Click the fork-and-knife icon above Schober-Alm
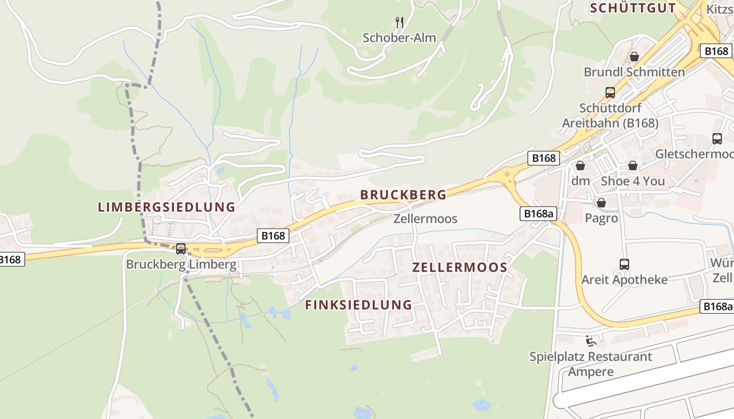(x=400, y=22)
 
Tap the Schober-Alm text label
(x=400, y=38)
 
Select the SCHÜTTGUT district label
(x=633, y=8)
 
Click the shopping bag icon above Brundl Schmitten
(x=634, y=56)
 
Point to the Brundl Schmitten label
(x=634, y=72)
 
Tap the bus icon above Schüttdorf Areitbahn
(x=610, y=93)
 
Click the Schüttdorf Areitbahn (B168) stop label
(x=610, y=116)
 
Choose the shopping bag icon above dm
(x=580, y=166)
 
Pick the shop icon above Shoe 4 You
(x=633, y=166)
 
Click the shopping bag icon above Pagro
(x=601, y=202)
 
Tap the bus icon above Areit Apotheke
(x=624, y=264)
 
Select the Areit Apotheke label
(x=624, y=280)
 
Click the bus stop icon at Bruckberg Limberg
(x=181, y=249)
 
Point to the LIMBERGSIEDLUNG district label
(x=167, y=207)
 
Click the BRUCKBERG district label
(x=403, y=195)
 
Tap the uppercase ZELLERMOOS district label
(x=460, y=268)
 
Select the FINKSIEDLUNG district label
(x=359, y=305)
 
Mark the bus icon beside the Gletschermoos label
(x=717, y=139)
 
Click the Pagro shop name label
(x=601, y=218)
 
